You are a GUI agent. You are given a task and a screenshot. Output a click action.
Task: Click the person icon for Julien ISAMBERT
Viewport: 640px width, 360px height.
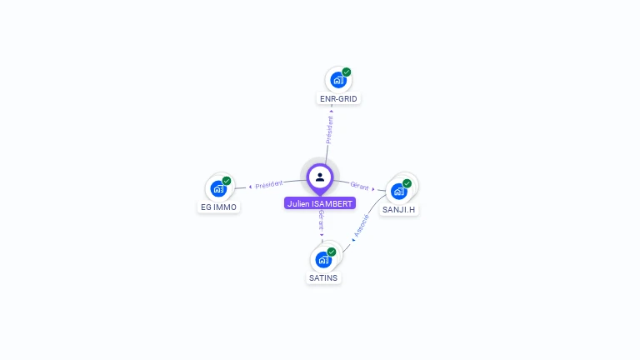click(x=320, y=177)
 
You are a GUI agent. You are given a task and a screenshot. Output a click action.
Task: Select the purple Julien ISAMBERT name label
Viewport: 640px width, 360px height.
click(x=320, y=203)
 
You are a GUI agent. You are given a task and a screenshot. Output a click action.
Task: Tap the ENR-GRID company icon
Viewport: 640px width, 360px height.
click(x=337, y=80)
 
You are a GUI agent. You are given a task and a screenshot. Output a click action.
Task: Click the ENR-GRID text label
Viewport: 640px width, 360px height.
click(x=338, y=98)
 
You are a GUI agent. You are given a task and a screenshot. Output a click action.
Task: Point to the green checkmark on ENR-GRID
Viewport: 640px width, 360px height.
click(x=347, y=72)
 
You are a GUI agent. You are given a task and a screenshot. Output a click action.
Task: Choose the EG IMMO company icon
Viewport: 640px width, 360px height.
click(x=218, y=189)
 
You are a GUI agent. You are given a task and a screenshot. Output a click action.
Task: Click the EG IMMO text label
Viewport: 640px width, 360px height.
click(x=219, y=207)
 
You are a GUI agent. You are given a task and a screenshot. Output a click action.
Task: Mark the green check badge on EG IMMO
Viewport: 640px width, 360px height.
click(x=227, y=181)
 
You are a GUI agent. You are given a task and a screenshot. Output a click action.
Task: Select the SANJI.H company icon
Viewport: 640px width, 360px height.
click(x=399, y=192)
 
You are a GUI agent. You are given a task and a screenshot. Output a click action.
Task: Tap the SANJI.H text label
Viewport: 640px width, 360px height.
click(x=399, y=210)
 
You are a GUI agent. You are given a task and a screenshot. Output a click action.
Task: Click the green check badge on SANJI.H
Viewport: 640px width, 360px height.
click(x=407, y=183)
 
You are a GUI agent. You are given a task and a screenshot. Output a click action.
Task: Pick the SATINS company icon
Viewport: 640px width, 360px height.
click(x=323, y=259)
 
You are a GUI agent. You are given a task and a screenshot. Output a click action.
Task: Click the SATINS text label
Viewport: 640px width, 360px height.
click(x=323, y=277)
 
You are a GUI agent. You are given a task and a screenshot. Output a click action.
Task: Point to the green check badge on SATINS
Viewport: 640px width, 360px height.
click(x=332, y=252)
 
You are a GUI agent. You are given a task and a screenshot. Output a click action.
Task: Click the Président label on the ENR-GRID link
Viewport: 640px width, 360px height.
click(x=330, y=130)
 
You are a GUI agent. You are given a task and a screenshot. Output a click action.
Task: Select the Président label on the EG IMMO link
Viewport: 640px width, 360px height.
click(x=269, y=185)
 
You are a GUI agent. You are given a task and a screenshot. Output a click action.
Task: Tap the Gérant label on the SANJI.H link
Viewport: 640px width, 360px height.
click(x=359, y=187)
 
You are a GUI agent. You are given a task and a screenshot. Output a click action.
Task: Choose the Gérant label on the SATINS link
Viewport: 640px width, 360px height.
click(x=321, y=220)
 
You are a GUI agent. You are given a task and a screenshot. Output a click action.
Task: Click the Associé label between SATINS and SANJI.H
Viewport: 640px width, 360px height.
click(x=362, y=226)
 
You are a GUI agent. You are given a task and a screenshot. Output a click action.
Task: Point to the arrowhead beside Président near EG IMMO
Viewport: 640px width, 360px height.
click(x=250, y=187)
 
